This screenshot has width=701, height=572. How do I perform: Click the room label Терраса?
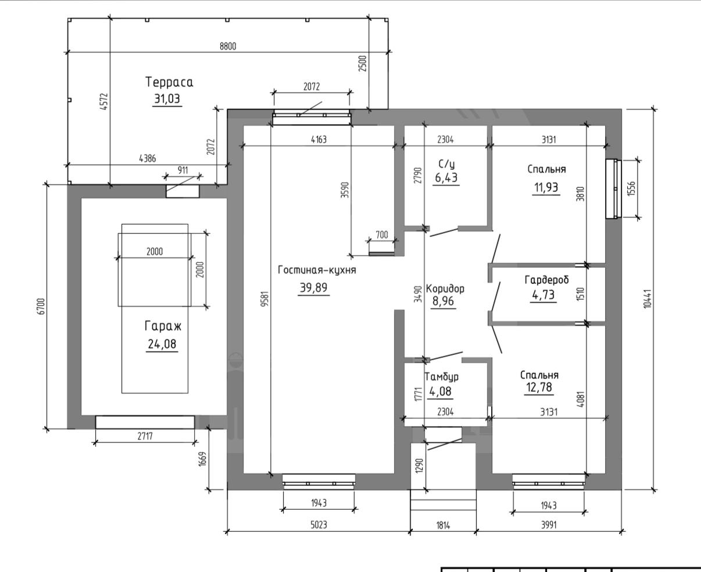[x=169, y=82]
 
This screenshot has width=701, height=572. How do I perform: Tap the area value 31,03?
[x=167, y=98]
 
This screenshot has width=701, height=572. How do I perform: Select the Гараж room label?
[x=163, y=326]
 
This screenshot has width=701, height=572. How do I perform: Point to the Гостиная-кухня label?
[x=317, y=270]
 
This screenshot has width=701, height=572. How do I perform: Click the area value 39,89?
[x=313, y=287]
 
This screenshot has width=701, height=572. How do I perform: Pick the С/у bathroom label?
[x=446, y=164]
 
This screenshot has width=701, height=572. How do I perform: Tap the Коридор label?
[x=445, y=289]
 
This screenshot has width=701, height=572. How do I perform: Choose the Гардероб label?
[x=546, y=280]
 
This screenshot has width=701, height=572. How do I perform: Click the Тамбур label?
[x=441, y=376]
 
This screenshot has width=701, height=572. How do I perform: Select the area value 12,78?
[x=539, y=387]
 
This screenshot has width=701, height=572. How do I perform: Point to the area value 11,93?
[x=546, y=187]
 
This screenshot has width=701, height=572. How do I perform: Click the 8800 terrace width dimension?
[x=228, y=46]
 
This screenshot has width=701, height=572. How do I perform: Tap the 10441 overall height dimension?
[x=648, y=299]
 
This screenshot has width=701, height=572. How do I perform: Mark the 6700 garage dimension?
[x=41, y=307]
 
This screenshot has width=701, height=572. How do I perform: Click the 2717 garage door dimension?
[x=145, y=436]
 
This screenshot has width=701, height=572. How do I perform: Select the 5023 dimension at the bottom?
[x=319, y=524]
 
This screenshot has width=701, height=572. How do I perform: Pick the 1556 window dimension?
[x=631, y=189]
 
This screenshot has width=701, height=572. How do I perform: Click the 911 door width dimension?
[x=183, y=170]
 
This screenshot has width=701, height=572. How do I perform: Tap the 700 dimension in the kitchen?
[x=382, y=235]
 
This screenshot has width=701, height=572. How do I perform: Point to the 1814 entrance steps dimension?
[x=443, y=525]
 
